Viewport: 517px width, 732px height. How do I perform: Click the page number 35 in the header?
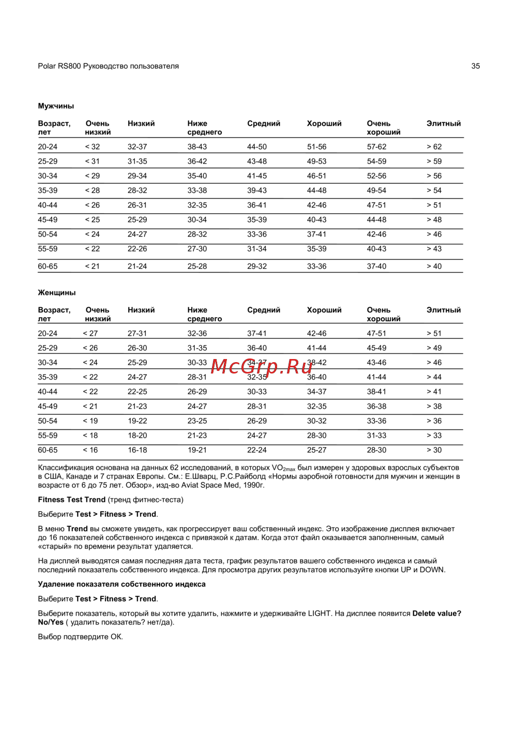[x=475, y=66]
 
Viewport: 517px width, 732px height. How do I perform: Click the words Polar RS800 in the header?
[x=59, y=66]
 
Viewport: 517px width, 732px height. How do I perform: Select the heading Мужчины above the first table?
[x=56, y=106]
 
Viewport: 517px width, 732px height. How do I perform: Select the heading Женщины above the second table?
[x=57, y=293]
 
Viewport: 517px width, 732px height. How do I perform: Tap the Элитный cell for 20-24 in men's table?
[x=434, y=147]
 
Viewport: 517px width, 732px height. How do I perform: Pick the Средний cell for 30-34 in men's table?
[x=257, y=176]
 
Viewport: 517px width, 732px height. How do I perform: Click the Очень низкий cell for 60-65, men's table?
[x=93, y=266]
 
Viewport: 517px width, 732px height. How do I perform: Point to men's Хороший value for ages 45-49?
[x=316, y=220]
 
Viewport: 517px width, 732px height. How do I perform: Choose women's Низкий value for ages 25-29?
[x=137, y=348]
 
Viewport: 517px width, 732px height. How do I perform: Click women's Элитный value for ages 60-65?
[x=434, y=450]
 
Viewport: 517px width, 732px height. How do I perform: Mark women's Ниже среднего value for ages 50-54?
[x=197, y=421]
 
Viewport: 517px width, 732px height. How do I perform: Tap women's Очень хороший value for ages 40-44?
[x=376, y=392]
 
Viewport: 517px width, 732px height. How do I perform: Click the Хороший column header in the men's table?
[x=324, y=124]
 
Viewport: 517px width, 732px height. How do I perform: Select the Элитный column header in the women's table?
[x=443, y=310]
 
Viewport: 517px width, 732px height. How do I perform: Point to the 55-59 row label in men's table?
[x=48, y=249]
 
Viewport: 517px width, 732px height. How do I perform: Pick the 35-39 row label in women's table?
[x=48, y=377]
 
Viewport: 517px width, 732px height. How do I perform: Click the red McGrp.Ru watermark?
[x=262, y=367]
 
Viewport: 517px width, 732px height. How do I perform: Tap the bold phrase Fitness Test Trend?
[x=71, y=500]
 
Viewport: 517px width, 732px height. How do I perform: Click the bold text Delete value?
[x=436, y=614]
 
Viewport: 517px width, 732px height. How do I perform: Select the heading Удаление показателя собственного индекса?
[x=121, y=585]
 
